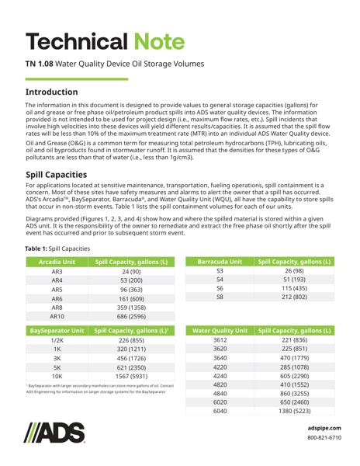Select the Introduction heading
click(63, 92)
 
